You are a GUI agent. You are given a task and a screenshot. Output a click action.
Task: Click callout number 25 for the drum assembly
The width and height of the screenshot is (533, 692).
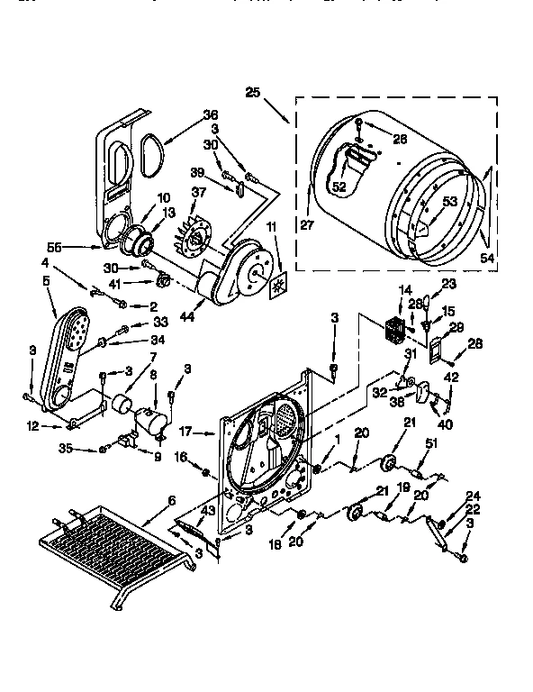[252, 91]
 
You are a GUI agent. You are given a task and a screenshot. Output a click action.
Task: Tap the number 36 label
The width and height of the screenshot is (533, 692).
[211, 114]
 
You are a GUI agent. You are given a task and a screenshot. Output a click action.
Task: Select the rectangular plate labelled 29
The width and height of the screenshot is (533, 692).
[437, 348]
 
